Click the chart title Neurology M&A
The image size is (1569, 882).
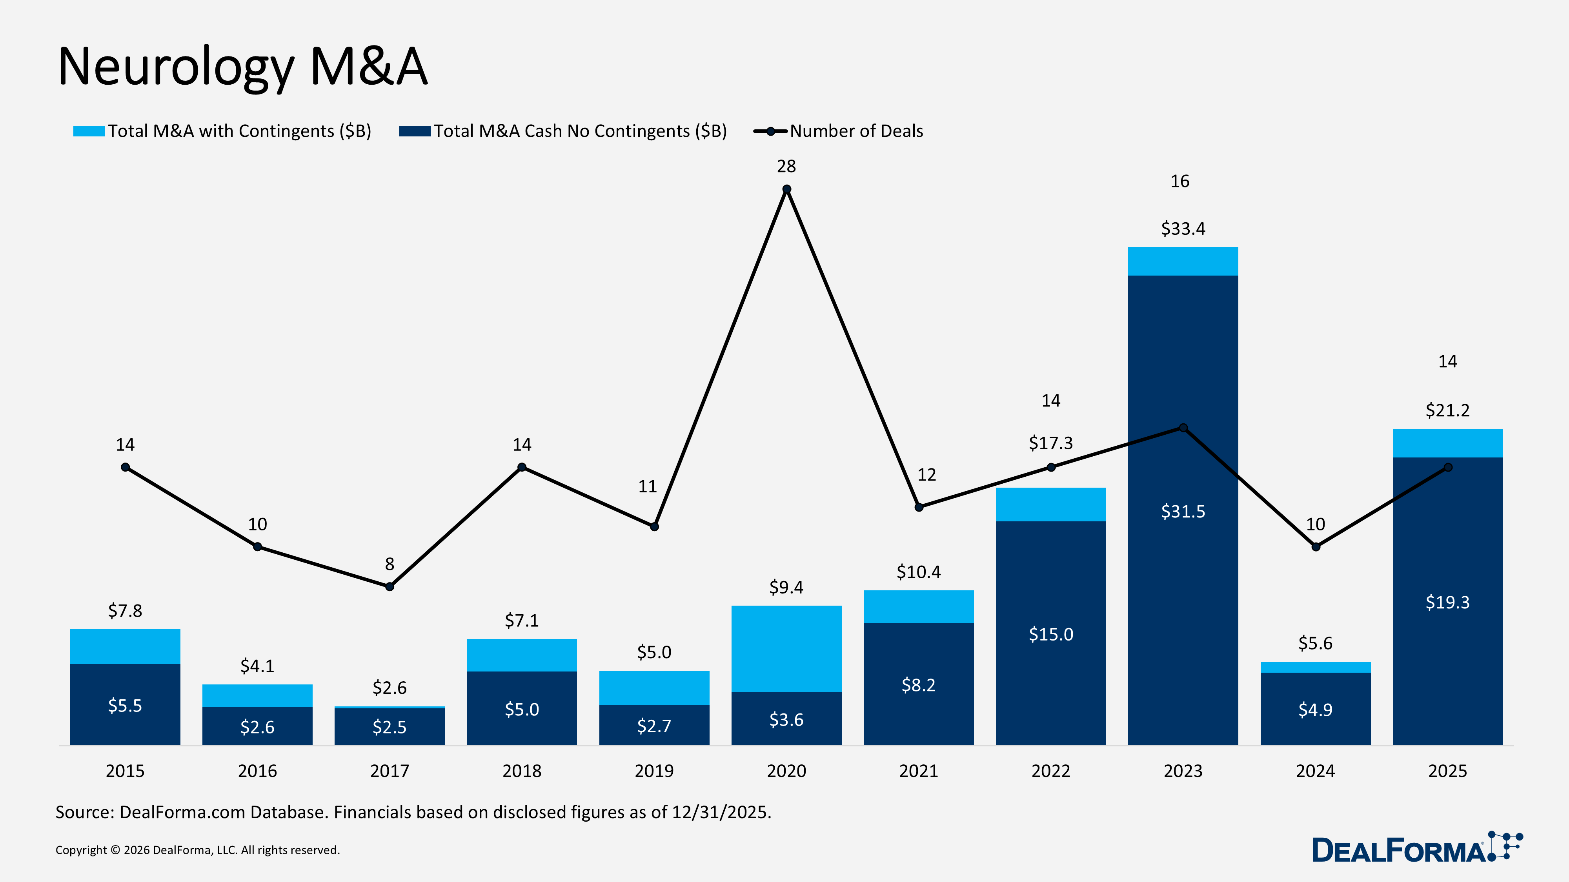242,67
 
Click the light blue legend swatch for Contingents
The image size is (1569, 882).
89,131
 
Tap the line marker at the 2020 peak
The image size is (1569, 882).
786,189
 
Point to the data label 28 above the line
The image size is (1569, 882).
786,166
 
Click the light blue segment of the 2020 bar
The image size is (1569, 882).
786,648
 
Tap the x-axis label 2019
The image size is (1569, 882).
654,771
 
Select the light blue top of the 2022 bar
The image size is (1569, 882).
1051,504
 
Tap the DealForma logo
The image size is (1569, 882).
1416,849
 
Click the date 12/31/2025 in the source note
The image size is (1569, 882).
721,813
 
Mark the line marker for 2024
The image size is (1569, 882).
1316,546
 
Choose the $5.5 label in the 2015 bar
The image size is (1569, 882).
125,706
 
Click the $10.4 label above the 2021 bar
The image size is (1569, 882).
919,572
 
